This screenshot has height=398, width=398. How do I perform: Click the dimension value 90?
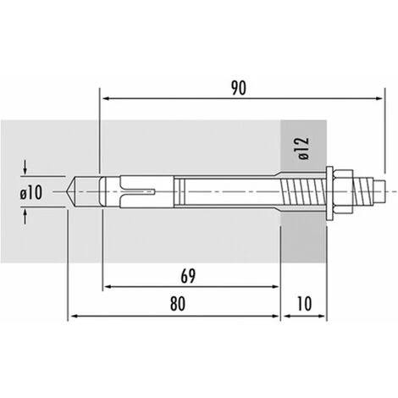(239, 88)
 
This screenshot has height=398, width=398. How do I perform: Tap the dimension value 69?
(188, 276)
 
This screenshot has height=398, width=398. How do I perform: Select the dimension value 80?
(178, 304)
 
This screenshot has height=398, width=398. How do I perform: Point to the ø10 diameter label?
(31, 193)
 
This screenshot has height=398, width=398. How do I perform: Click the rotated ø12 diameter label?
(304, 149)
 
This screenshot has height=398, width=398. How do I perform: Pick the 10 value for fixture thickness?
(304, 304)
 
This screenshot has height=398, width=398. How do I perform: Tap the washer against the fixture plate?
(329, 193)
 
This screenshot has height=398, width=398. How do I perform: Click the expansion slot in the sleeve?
(141, 191)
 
